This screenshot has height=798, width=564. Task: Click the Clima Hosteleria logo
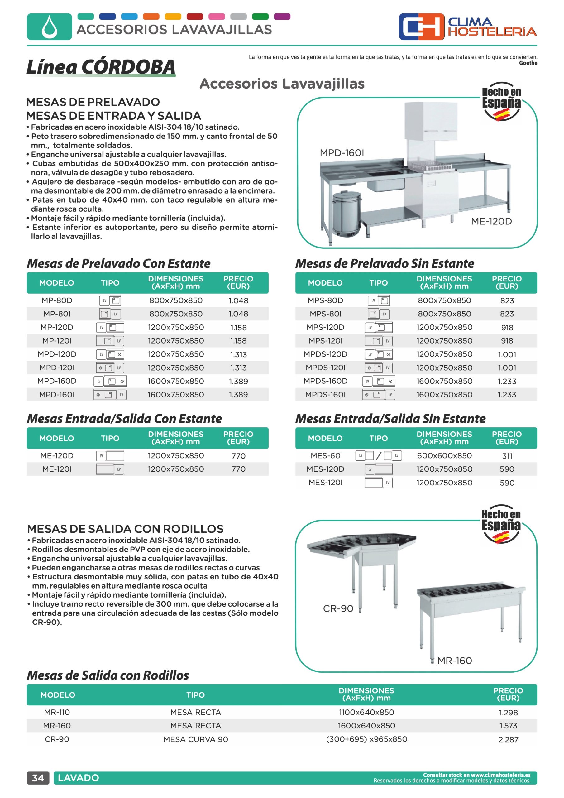pos(467,27)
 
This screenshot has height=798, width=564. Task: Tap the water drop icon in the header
pos(49,27)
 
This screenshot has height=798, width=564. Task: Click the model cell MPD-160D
pos(57,381)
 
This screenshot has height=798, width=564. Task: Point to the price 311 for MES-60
pos(507,456)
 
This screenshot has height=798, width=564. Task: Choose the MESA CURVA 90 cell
pos(196,739)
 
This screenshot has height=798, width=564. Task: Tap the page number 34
pos(38,778)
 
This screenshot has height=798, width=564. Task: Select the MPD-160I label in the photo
pos(342,153)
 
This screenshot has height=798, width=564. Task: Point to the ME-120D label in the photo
pos(491,221)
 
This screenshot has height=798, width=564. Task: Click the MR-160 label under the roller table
pos(455,661)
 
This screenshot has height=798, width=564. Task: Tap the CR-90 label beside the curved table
pos(338,608)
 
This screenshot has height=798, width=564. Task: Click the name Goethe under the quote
pos(528,63)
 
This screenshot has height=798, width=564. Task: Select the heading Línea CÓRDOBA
pos(101,67)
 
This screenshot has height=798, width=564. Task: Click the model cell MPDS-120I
pos(325,368)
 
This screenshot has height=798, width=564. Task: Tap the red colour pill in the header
pos(195,16)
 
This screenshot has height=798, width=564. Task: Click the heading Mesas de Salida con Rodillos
pos(108,675)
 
